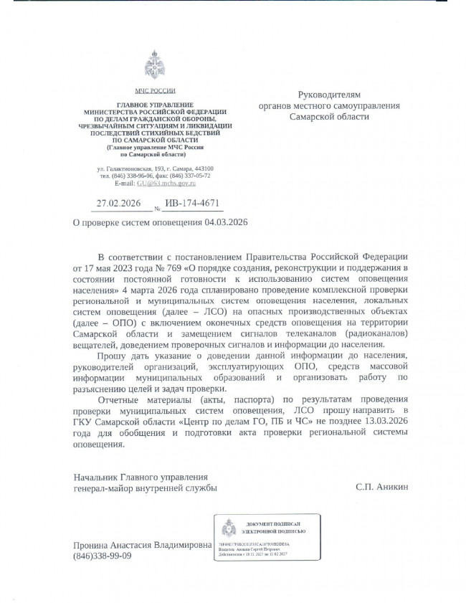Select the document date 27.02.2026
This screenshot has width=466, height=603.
click(x=118, y=204)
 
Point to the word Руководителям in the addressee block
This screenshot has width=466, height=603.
click(x=329, y=94)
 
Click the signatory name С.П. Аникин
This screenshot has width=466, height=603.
click(x=381, y=486)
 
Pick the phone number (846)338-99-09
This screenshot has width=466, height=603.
click(x=103, y=556)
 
